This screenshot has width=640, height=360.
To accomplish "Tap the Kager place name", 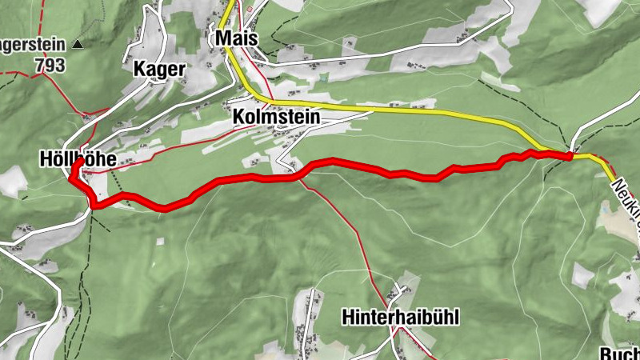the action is [159, 70].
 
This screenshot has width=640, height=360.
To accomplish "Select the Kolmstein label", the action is [276, 117].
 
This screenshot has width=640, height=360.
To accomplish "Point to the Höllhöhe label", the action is [77, 160].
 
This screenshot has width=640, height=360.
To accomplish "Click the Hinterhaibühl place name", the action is [400, 317].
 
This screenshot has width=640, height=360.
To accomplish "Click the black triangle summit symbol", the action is [77, 44].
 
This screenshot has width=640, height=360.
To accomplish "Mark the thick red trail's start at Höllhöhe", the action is [79, 162].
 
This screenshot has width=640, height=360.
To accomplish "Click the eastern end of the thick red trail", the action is [570, 157].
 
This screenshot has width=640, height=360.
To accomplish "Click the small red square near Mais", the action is [250, 10].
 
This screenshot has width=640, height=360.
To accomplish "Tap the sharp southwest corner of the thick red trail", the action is [94, 206].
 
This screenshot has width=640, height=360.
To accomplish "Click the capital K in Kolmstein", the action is [238, 117].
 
